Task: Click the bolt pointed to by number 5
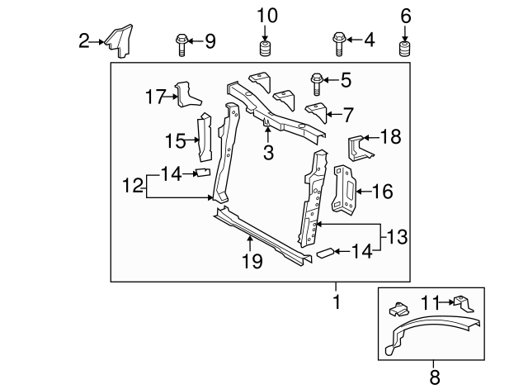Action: (x=317, y=83)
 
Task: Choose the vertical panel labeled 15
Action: (x=203, y=140)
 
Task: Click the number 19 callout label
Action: (x=252, y=261)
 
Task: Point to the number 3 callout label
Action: (x=268, y=152)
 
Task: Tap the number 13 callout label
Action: (x=397, y=238)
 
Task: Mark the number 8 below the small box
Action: (x=434, y=377)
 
